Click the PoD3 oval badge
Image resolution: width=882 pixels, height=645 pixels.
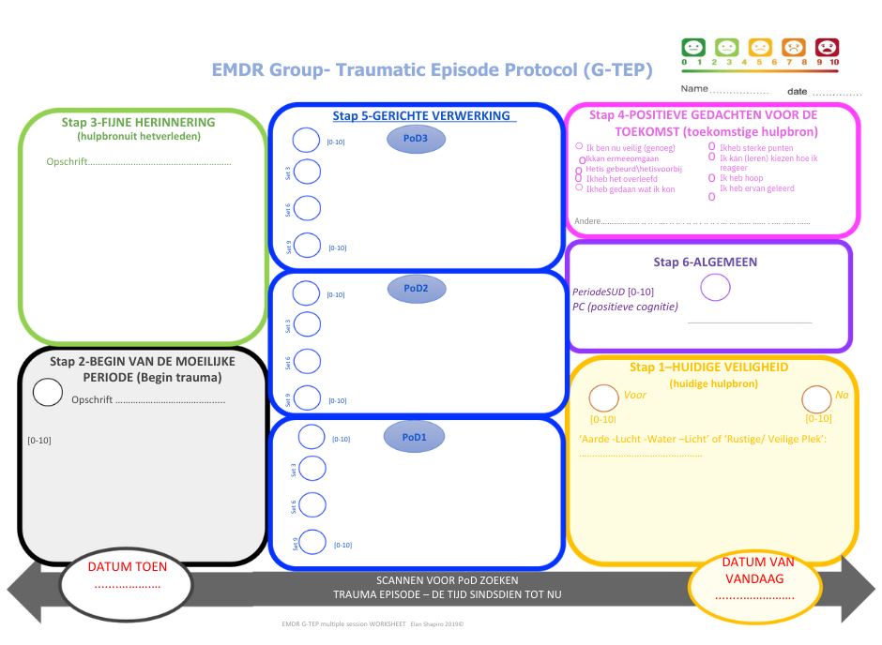click(x=416, y=140)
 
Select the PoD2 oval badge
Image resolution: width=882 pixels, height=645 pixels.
click(x=416, y=289)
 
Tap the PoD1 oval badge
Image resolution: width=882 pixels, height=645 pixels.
click(x=415, y=437)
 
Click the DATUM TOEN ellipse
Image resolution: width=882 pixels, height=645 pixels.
click(x=128, y=581)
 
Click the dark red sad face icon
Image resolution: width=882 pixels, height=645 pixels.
click(x=827, y=47)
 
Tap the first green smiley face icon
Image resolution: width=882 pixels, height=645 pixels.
click(x=692, y=47)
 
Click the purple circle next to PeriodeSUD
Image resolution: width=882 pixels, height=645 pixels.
click(x=715, y=287)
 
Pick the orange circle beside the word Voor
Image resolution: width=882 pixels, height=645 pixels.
click(x=603, y=398)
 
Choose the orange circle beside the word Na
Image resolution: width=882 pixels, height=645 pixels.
click(x=816, y=398)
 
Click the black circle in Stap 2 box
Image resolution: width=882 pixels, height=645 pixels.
click(x=48, y=392)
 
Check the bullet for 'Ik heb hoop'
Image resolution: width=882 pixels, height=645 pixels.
click(x=711, y=177)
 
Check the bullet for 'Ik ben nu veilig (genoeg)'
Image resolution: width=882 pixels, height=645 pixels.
click(x=579, y=147)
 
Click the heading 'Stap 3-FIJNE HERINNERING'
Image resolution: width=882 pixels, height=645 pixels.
click(x=138, y=123)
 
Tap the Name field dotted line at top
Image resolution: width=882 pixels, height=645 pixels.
click(x=738, y=92)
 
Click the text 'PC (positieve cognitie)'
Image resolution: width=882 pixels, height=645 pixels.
click(x=625, y=307)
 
